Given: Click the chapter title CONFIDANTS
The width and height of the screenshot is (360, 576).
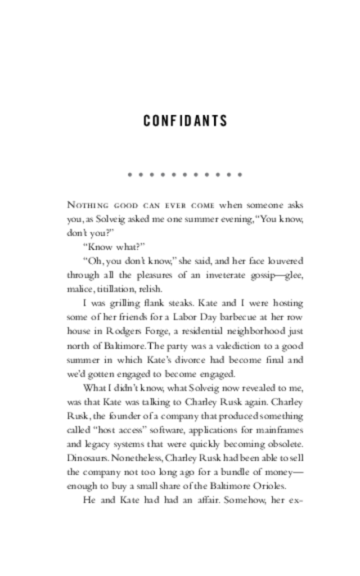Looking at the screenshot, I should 185,121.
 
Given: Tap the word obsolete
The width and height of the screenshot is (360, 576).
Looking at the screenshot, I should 285,444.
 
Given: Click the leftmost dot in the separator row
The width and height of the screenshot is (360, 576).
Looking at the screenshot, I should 130,175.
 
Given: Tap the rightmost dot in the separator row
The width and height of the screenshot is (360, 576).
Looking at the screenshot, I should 240,175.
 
